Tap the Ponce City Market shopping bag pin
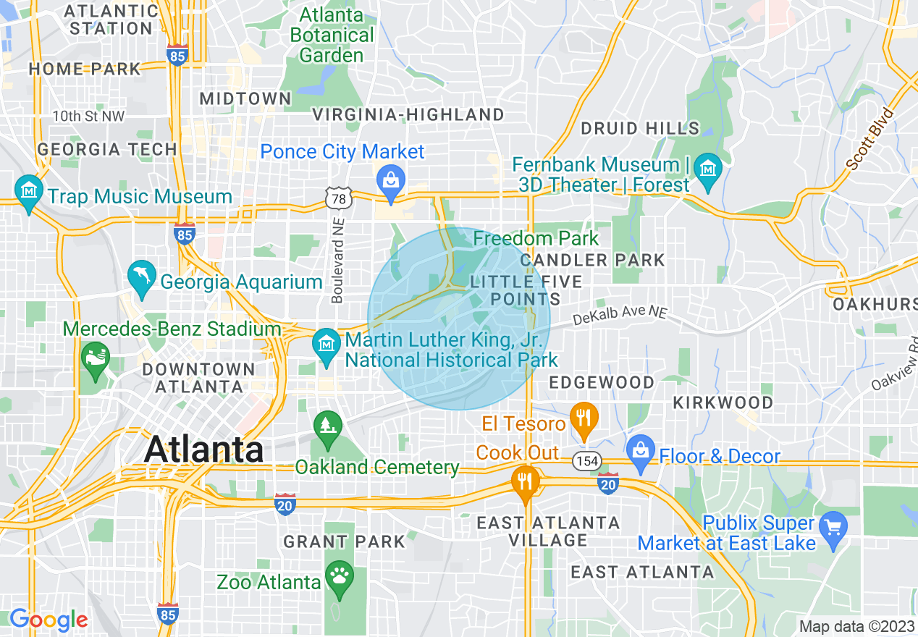[391, 182]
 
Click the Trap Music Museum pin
[29, 192]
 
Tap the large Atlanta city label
[204, 449]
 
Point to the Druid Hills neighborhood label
[640, 129]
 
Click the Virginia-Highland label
[408, 114]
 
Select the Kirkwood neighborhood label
[723, 402]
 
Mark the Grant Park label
[344, 541]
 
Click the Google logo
[49, 620]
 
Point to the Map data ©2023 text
[856, 626]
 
